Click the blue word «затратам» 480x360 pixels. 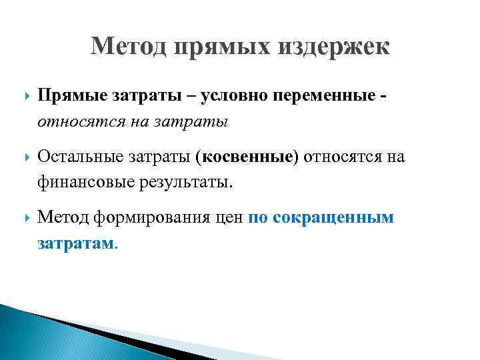[x=76, y=243]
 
